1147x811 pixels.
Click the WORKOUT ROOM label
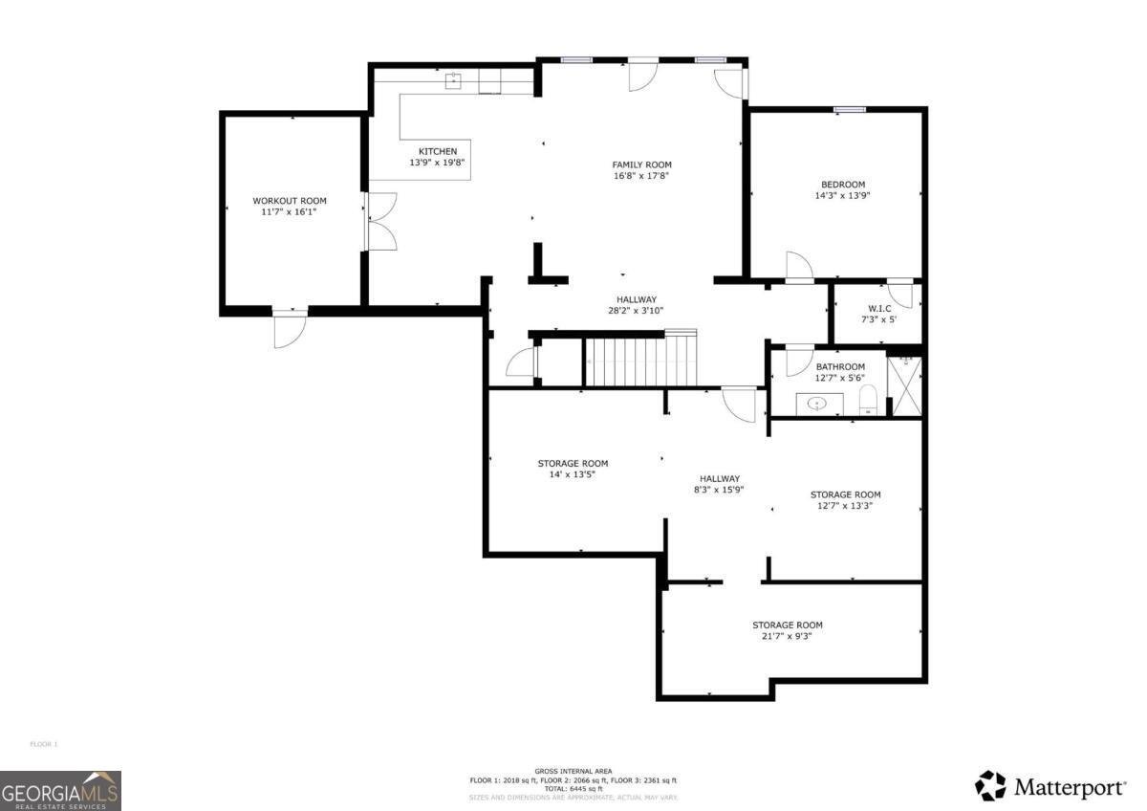[289, 201]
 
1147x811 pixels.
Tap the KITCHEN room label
[437, 151]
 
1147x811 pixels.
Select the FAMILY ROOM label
[641, 164]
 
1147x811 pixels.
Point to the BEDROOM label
[842, 185]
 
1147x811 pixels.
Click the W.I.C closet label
[878, 308]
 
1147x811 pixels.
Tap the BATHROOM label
[840, 366]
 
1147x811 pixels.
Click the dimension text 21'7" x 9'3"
[787, 636]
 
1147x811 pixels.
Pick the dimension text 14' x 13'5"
[572, 474]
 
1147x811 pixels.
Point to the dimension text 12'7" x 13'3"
[845, 506]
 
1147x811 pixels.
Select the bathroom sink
[817, 404]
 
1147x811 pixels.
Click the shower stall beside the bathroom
[903, 384]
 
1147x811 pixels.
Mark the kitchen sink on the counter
[454, 80]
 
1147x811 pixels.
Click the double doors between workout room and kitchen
[379, 223]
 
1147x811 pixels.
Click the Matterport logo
[1050, 786]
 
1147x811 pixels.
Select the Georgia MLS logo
[60, 790]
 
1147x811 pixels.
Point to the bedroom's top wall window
[848, 110]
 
